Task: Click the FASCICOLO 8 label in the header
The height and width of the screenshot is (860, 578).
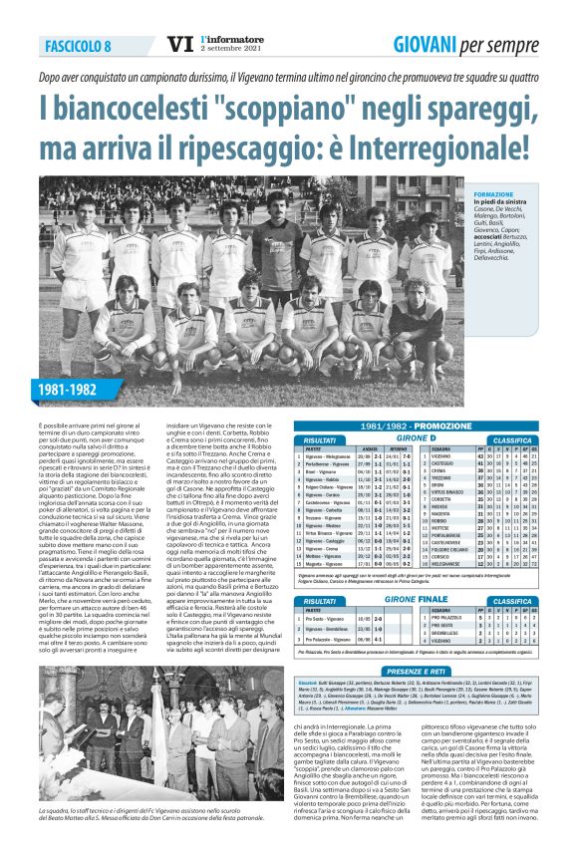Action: (78, 47)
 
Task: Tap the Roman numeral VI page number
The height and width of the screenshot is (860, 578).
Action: (180, 44)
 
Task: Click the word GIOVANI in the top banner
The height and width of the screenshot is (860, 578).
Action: (430, 44)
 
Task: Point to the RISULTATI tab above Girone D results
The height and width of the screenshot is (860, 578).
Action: (320, 438)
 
